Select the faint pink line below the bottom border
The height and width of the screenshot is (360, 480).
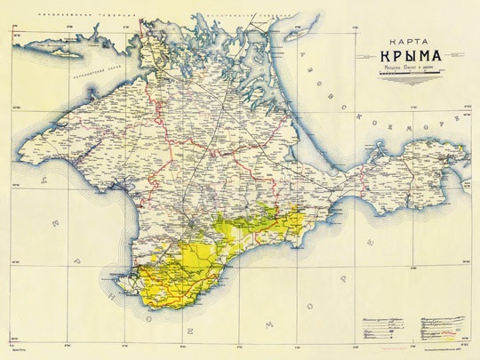(x=240, y=356)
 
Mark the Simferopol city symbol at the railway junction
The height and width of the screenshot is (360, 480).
(x=190, y=214)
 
